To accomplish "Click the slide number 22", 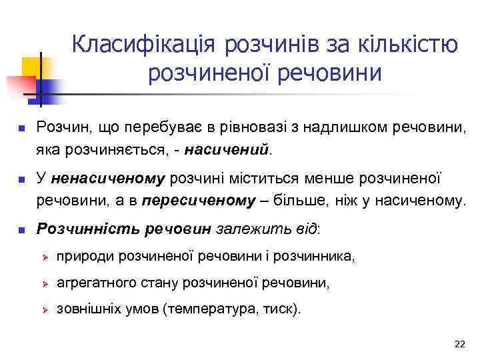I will [x=459, y=344].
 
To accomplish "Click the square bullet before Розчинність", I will [x=21, y=230].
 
